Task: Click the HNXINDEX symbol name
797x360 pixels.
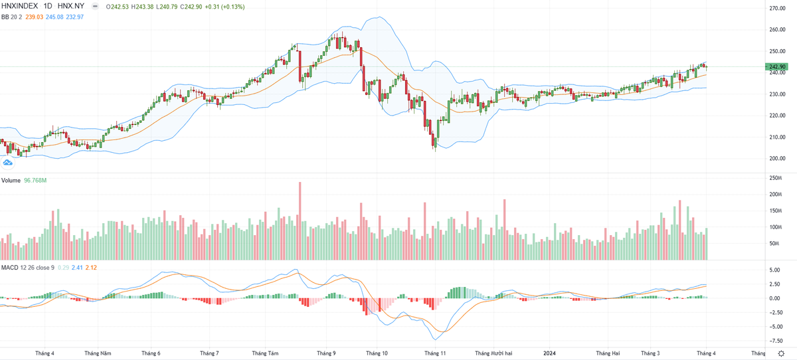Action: pos(22,7)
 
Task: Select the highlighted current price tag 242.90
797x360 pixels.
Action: pos(777,67)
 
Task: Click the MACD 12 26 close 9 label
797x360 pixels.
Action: pos(28,267)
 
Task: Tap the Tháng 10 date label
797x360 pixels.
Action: pos(376,353)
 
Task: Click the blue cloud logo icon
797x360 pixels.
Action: pos(9,162)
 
